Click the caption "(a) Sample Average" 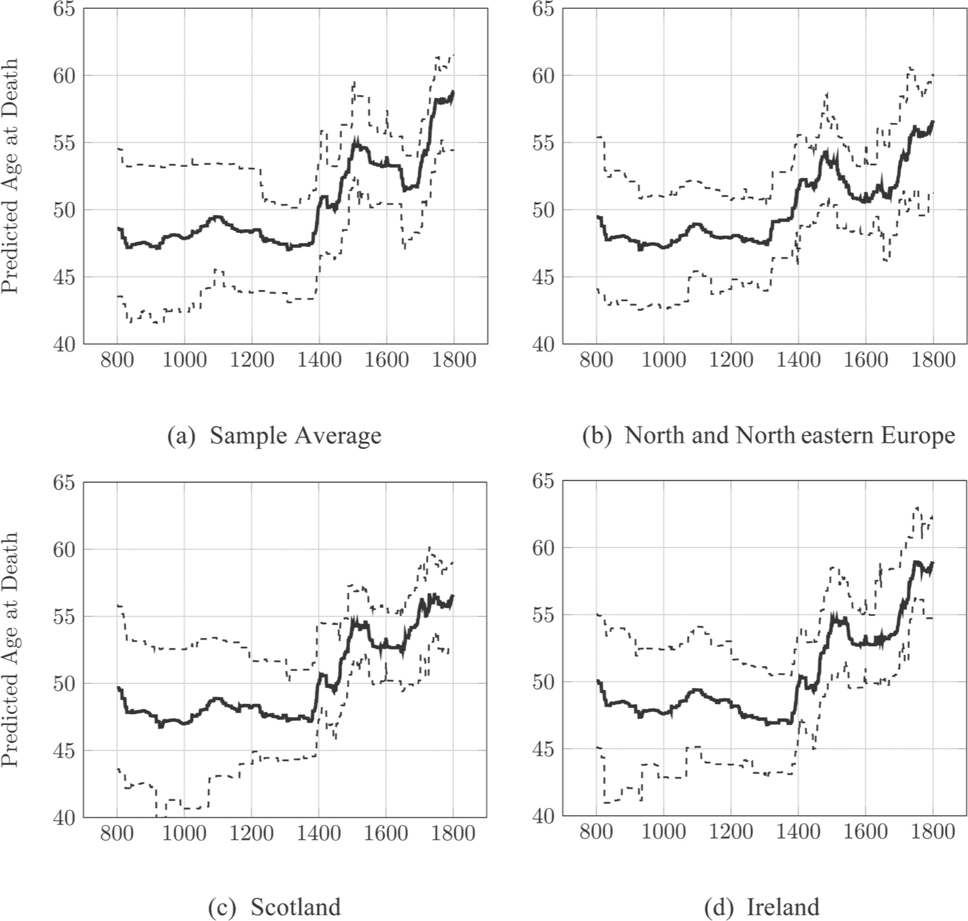click(274, 436)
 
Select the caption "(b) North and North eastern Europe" click(768, 436)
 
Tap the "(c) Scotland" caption click(274, 908)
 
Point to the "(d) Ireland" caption click(762, 908)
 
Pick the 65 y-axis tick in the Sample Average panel click(64, 9)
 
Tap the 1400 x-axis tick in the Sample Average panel click(319, 360)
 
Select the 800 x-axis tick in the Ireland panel click(597, 832)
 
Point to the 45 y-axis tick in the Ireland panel click(544, 749)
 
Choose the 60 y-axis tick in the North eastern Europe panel click(544, 76)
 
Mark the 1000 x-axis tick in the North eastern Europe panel click(664, 360)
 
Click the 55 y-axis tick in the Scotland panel click(64, 616)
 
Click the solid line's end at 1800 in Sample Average click(453, 91)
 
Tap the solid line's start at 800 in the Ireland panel click(597, 681)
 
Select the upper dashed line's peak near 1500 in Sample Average click(353, 82)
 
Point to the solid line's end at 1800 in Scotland click(453, 596)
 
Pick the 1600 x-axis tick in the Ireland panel click(865, 832)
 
